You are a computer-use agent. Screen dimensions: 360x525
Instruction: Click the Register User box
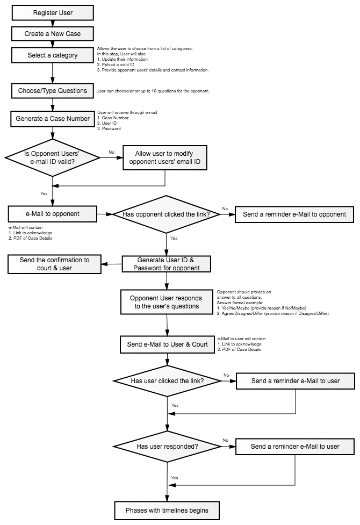[53, 13]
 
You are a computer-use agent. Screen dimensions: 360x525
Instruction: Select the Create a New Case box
[53, 33]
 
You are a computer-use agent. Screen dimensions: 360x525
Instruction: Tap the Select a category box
[53, 55]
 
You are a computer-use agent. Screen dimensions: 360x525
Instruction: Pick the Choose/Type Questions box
[53, 91]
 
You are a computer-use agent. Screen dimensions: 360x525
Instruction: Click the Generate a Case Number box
[53, 119]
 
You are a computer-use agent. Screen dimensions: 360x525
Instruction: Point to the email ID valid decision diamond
[52, 157]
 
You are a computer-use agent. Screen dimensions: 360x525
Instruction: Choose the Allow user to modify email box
[165, 157]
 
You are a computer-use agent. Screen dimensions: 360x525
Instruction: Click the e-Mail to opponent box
[53, 214]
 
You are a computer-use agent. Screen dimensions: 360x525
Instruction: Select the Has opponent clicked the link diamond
[166, 214]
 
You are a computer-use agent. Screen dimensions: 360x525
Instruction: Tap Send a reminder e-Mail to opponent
[294, 214]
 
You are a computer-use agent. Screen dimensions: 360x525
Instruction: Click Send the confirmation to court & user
[55, 264]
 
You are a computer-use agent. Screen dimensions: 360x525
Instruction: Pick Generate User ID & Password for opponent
[167, 264]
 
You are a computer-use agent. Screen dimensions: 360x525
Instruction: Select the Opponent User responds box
[167, 302]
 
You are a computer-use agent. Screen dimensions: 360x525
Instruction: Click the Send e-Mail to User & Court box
[167, 344]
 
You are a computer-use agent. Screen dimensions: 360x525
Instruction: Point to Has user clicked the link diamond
[167, 381]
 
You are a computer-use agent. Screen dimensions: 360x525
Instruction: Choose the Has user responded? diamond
[167, 447]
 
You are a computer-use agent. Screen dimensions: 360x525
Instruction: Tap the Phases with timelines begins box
[167, 510]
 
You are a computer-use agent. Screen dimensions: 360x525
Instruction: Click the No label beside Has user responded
[226, 440]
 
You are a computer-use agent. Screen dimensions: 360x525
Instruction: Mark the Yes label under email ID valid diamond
[44, 193]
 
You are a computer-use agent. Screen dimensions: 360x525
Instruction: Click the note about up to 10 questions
[153, 91]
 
